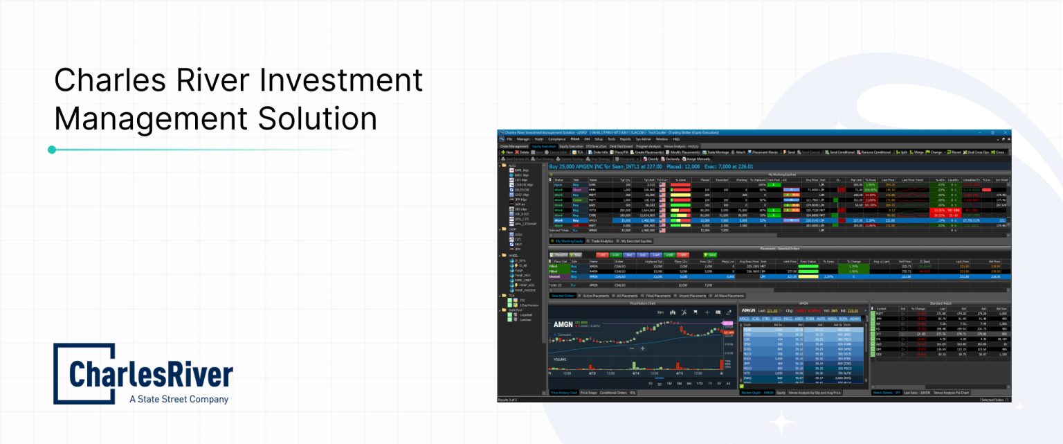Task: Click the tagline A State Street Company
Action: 179,399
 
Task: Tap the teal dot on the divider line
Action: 52,150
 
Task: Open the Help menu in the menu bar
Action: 676,139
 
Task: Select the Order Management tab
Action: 514,146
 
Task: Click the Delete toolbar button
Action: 524,152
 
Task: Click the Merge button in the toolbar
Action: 918,152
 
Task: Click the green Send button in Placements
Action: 710,255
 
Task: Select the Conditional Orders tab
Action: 613,393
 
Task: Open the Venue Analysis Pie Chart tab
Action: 952,393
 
